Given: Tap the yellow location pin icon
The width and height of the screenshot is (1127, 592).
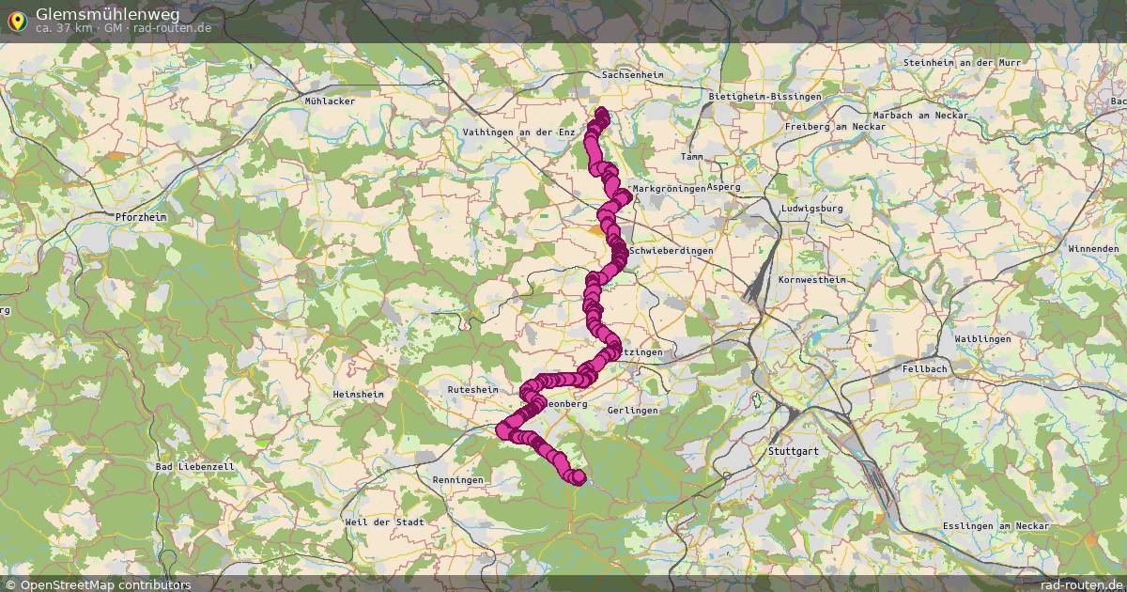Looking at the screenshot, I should tap(16, 19).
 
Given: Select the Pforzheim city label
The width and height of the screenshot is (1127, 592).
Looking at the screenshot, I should tap(140, 217).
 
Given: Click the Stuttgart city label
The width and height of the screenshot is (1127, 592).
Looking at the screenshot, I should tap(793, 451).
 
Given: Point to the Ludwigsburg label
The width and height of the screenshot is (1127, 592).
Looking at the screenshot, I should tap(811, 209).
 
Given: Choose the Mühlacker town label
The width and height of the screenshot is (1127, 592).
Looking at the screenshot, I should tap(330, 99).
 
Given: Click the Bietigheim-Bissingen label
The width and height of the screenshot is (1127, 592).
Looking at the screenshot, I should tap(764, 97).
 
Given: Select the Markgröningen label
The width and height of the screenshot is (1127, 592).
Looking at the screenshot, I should tap(669, 189).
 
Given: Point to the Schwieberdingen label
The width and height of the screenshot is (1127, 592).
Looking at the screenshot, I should tap(672, 251).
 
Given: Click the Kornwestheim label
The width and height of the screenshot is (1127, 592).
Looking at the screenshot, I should tap(811, 280).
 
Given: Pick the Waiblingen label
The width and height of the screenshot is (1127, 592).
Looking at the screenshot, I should tap(982, 338).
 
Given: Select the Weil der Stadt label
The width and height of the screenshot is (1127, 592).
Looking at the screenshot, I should tap(385, 522).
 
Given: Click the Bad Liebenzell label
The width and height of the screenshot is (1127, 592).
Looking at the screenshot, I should tap(195, 466).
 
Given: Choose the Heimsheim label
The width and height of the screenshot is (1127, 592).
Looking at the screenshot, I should tap(358, 396).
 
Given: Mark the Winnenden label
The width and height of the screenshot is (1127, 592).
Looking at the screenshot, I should tap(1093, 249).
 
